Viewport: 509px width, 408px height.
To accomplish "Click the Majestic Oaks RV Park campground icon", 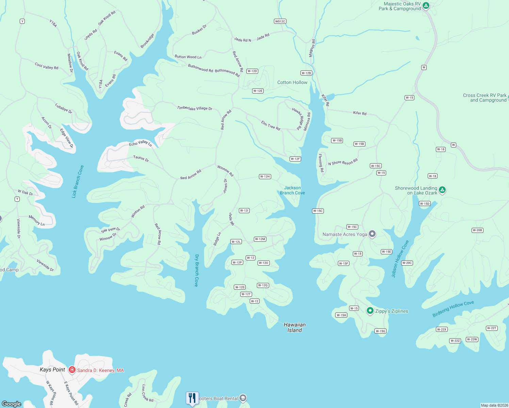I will point(426,5).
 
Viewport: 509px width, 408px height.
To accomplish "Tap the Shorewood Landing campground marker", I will point(442,190).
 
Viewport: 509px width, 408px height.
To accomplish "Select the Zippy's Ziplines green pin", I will point(370,311).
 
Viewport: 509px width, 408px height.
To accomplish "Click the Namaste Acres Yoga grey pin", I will point(372,234).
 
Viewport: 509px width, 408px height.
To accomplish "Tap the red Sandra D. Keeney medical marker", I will point(72,370).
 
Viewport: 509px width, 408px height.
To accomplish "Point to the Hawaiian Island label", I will point(295,327).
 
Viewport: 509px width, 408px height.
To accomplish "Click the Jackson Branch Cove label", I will point(292,190).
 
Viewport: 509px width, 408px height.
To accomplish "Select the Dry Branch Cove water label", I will point(197,270).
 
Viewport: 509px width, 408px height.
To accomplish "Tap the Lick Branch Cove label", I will point(78,182).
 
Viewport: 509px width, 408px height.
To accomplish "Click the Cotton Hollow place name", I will point(292,82).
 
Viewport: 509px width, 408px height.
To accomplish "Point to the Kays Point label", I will point(52,370).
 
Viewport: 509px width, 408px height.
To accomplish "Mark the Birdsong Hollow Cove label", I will point(453,309).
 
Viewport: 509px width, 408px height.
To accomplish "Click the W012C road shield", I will point(280,21).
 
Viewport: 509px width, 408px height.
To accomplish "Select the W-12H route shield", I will point(265,176).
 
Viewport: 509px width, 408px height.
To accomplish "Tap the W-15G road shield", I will point(380,331).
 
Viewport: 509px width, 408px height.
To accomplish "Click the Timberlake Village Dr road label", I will point(195,108).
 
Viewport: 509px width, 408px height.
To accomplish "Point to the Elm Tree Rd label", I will point(270,125).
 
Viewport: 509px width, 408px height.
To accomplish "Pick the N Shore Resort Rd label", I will point(343,162).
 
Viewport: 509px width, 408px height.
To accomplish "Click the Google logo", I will point(12,404).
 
